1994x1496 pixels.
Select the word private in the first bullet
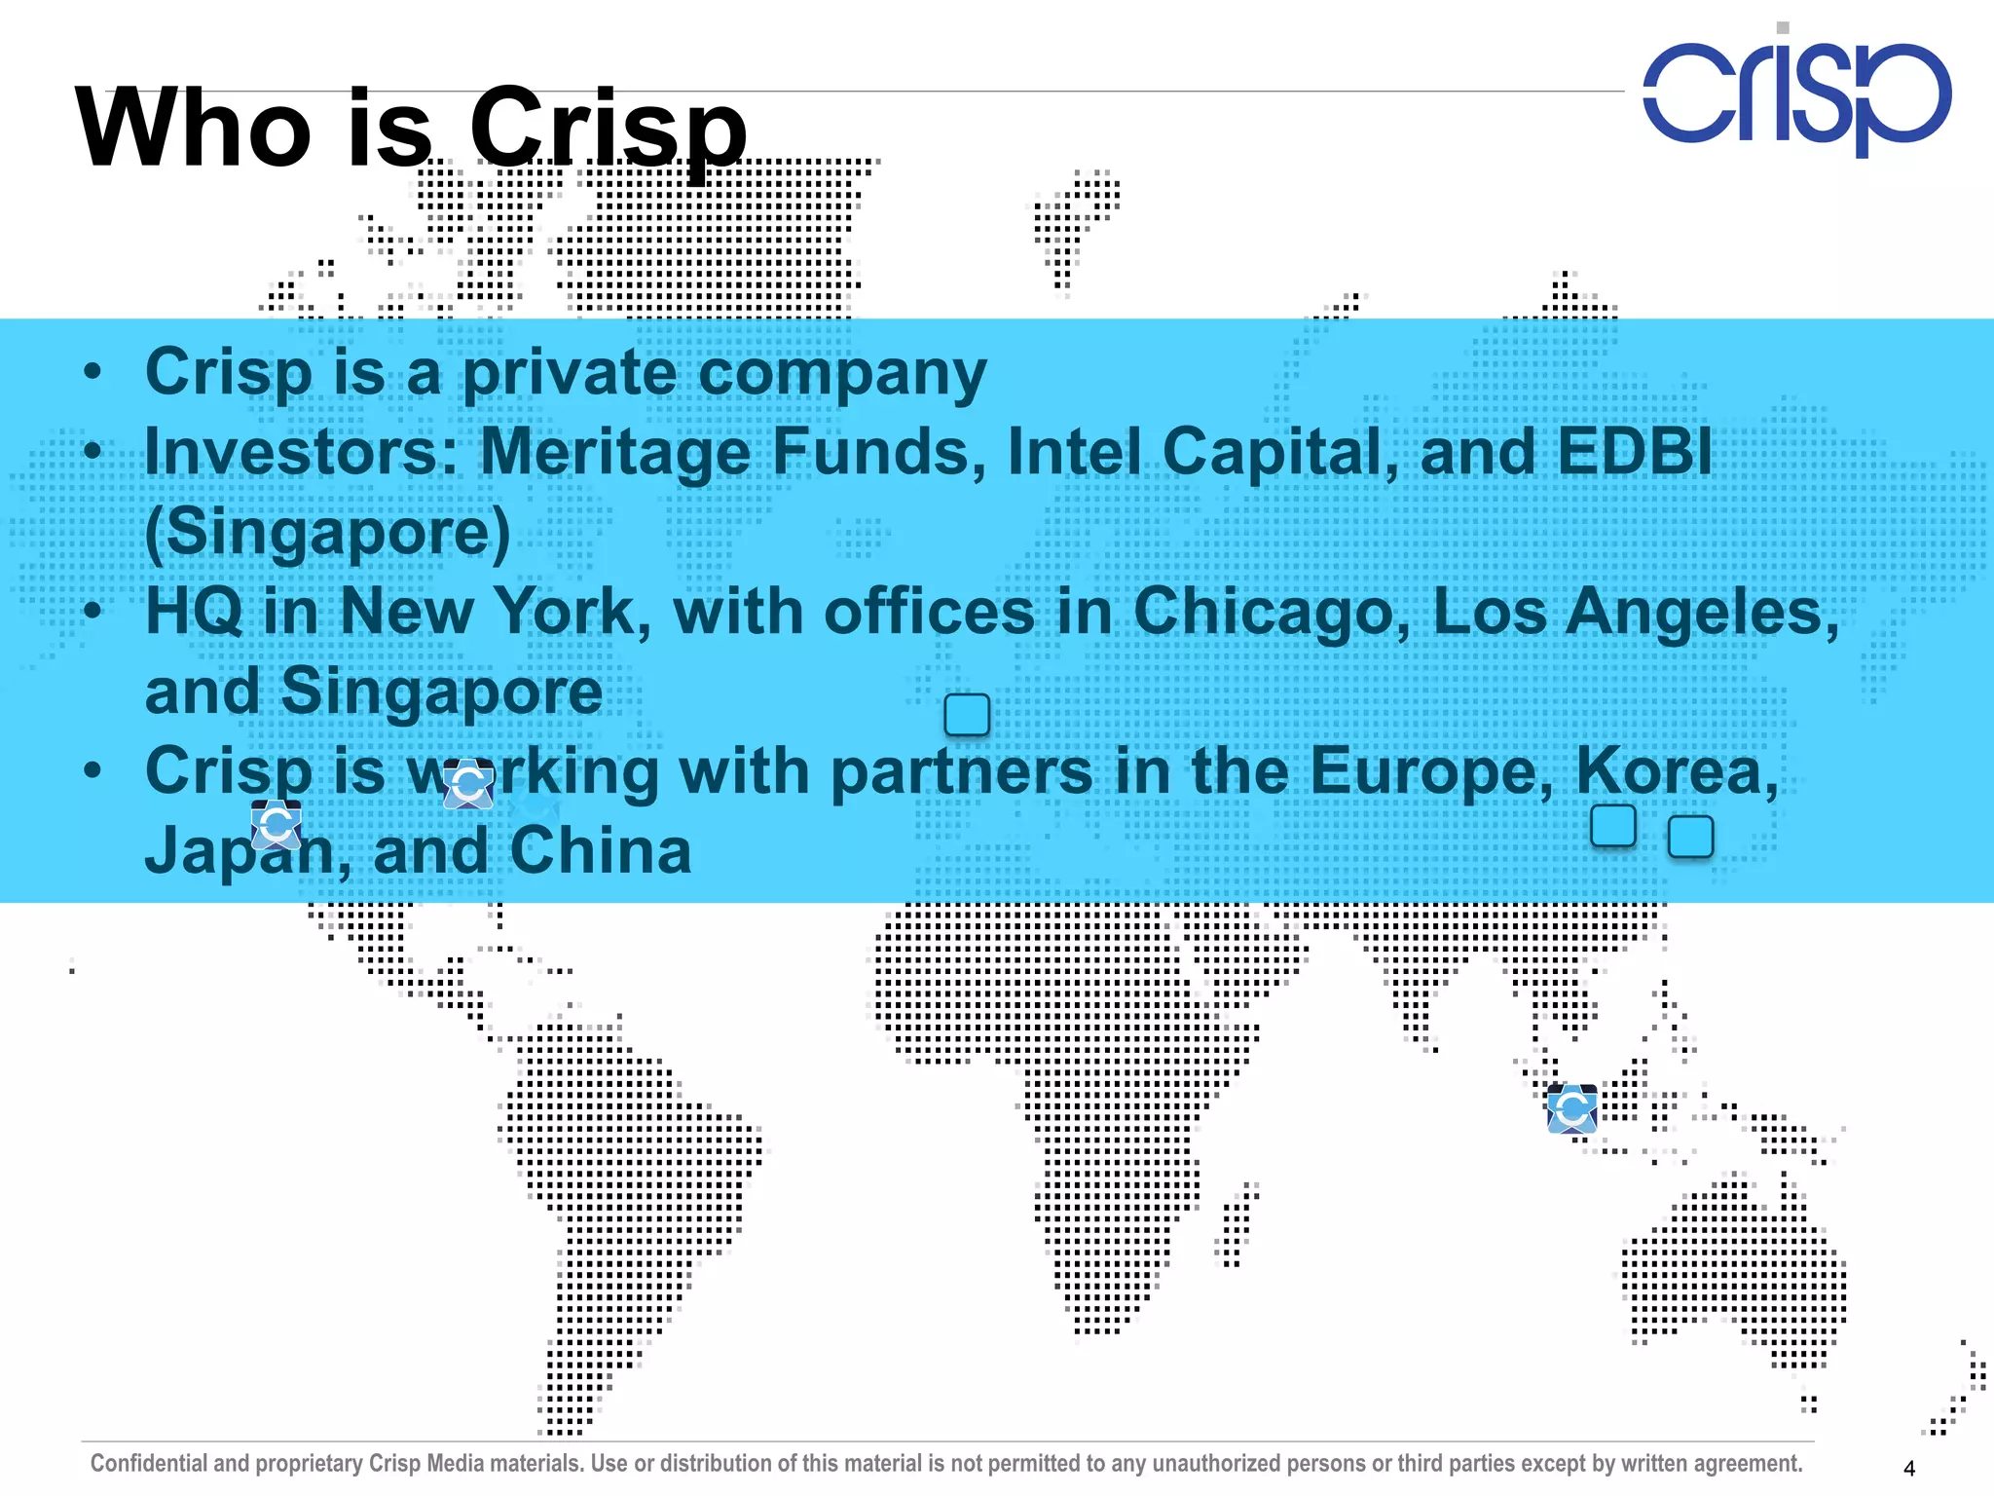(x=569, y=373)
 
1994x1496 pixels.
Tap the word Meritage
(x=623, y=453)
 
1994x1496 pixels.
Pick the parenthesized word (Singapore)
(x=327, y=533)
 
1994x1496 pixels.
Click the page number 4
(x=1909, y=1468)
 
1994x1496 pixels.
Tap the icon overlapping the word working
(x=468, y=784)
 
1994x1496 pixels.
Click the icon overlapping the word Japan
(x=277, y=825)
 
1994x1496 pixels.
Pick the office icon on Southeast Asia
(x=1571, y=1108)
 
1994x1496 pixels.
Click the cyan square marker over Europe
(x=967, y=715)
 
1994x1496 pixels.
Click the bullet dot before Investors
(x=92, y=451)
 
